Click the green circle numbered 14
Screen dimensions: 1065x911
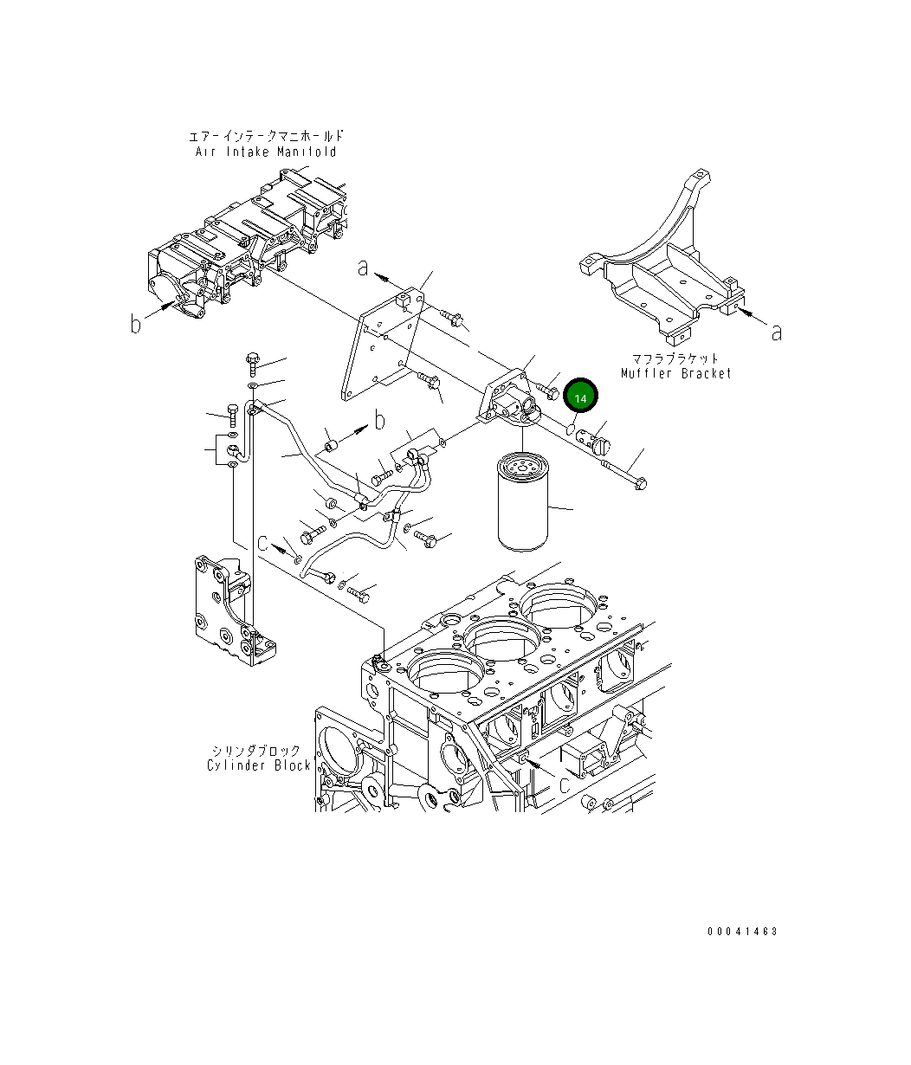click(x=580, y=397)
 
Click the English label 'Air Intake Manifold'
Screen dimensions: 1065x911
click(x=265, y=152)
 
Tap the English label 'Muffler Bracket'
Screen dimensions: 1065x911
click(x=675, y=373)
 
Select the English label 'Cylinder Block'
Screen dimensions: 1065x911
click(x=258, y=765)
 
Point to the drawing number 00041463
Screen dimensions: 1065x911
click(x=742, y=932)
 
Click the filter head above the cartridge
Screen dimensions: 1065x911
click(x=510, y=401)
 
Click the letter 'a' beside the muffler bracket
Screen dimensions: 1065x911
click(x=776, y=332)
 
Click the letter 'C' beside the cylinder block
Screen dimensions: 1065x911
click(x=563, y=784)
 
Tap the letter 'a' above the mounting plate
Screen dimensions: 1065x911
click(x=364, y=269)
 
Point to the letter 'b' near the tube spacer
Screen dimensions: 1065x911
click(x=378, y=422)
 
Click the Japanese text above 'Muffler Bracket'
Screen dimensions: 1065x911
click(x=675, y=358)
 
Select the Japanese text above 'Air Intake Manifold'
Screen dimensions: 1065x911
click(x=265, y=137)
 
